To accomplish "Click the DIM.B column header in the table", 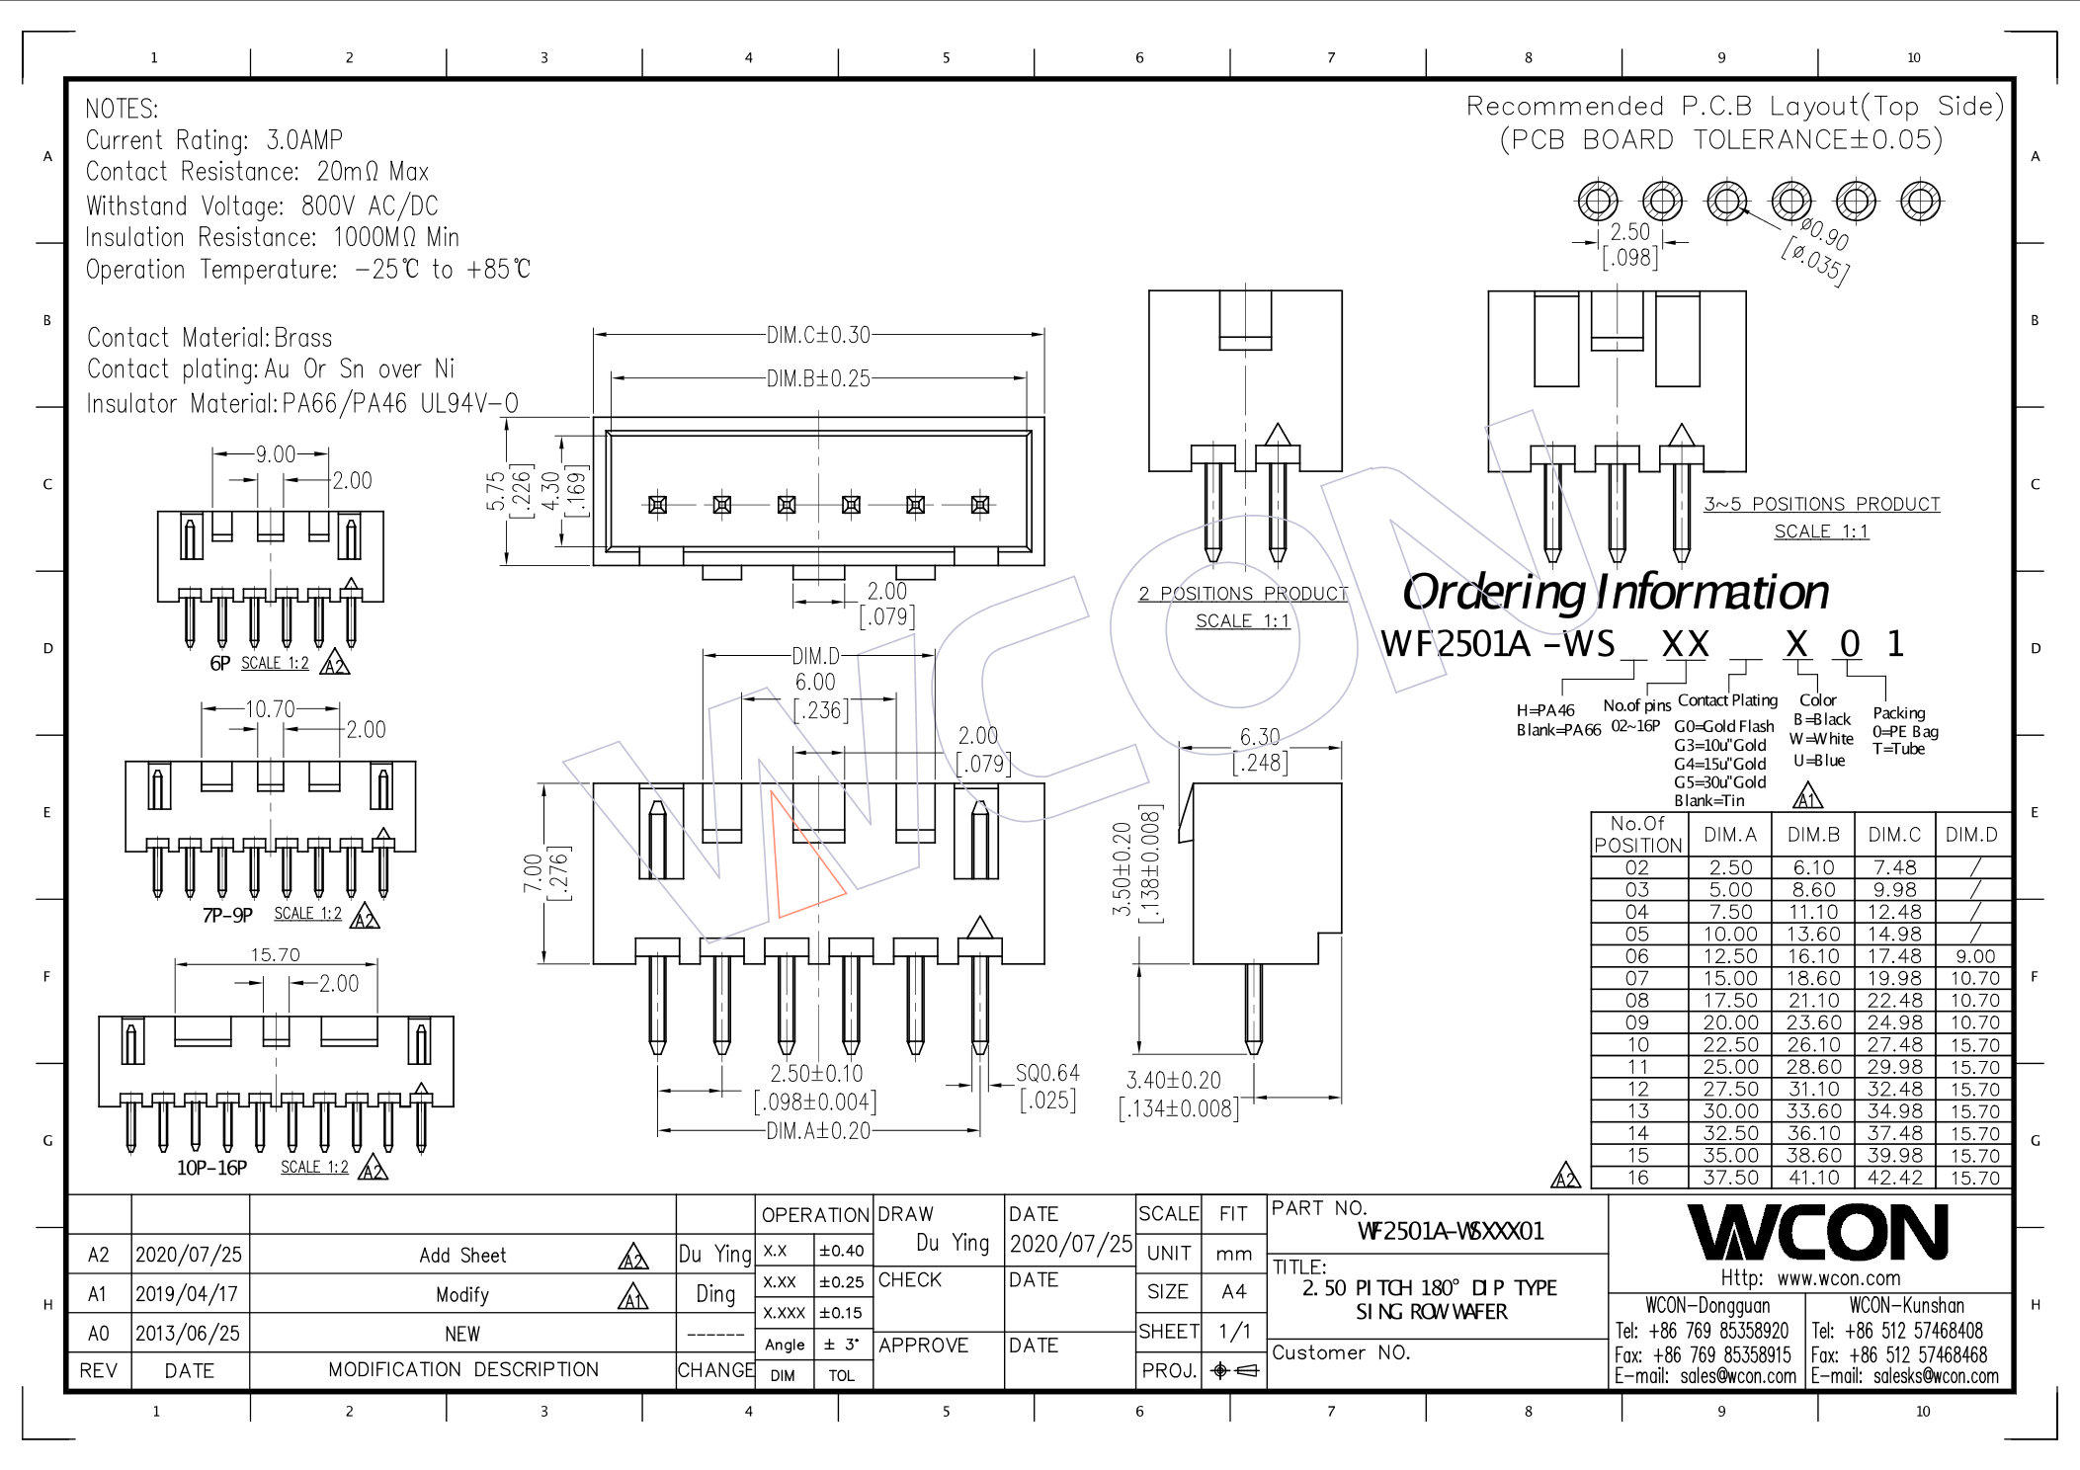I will [1812, 835].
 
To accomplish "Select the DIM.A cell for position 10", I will [1729, 1045].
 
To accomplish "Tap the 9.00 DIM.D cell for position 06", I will [1974, 956].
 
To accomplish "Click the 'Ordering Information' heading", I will [1615, 592].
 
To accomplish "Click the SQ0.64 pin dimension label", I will [1047, 1074].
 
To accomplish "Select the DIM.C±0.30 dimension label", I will [818, 335].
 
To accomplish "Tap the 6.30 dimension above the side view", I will [1259, 737].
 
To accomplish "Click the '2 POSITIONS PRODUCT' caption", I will [1242, 594].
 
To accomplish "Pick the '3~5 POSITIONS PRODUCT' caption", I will [1821, 504].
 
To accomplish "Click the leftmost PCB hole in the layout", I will [1597, 202].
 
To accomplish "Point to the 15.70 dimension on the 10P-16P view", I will [275, 955].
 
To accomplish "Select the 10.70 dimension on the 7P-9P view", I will [270, 709].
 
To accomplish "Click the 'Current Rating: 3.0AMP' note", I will [214, 140].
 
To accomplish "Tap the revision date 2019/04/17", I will [188, 1294].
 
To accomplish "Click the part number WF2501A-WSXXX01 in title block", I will [1450, 1231].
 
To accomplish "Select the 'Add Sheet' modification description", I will [462, 1256].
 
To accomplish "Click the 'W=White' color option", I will [1820, 739].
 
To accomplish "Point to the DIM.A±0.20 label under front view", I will [818, 1131].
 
